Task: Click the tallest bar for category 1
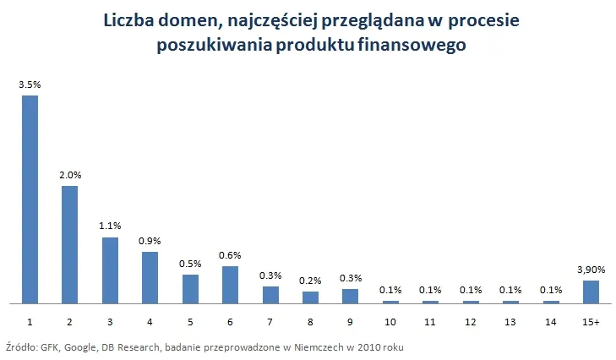tap(30, 199)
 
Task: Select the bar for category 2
tap(69, 244)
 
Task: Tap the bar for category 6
tap(230, 285)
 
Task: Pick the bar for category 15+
tap(591, 292)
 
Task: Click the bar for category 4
tap(150, 277)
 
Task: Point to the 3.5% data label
tap(30, 85)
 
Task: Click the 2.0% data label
tap(69, 175)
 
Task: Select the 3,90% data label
tap(591, 269)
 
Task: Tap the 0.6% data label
tap(230, 255)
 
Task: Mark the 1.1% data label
tap(110, 226)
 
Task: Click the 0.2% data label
tap(310, 280)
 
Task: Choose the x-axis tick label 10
tap(390, 323)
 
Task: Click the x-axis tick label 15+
tap(591, 323)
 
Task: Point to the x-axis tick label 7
tap(270, 323)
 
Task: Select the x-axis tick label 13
tap(510, 323)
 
